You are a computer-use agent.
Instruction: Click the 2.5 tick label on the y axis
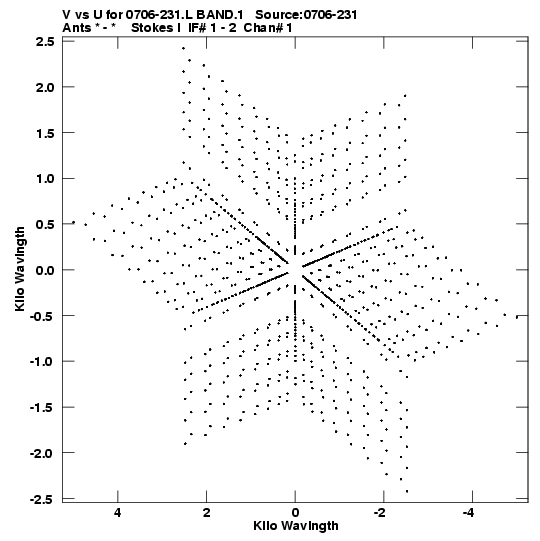(x=45, y=41)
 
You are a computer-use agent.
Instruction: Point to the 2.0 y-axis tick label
(x=45, y=87)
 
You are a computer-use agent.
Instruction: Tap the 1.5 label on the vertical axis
(x=45, y=133)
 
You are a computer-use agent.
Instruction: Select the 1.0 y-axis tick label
(x=45, y=179)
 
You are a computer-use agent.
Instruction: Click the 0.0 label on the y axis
(x=45, y=270)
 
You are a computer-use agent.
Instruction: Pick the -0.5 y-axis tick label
(x=42, y=316)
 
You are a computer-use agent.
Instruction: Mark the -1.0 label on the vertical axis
(x=42, y=362)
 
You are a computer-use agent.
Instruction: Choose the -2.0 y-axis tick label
(x=42, y=453)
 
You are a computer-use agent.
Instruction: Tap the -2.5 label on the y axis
(x=42, y=499)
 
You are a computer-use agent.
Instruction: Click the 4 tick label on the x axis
(x=118, y=513)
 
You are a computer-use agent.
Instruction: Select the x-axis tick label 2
(x=206, y=513)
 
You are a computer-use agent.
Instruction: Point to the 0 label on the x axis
(x=295, y=513)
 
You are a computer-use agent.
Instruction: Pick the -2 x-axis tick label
(x=380, y=513)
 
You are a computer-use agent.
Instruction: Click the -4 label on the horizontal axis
(x=469, y=513)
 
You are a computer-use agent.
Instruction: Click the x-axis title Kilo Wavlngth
(x=296, y=526)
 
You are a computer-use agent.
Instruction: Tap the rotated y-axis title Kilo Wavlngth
(x=20, y=269)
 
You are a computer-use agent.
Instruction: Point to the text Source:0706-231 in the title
(x=306, y=15)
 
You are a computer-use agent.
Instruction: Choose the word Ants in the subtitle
(x=77, y=28)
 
